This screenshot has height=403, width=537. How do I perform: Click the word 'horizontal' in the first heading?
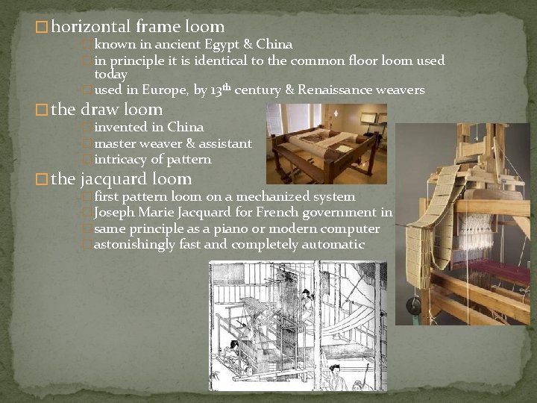pos(91,28)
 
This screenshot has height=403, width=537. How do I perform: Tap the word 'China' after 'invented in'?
pos(185,127)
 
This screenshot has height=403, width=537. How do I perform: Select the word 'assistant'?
pos(222,143)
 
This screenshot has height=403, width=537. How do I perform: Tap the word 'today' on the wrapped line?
pos(110,75)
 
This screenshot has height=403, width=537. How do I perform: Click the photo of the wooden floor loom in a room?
pos(326,143)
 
